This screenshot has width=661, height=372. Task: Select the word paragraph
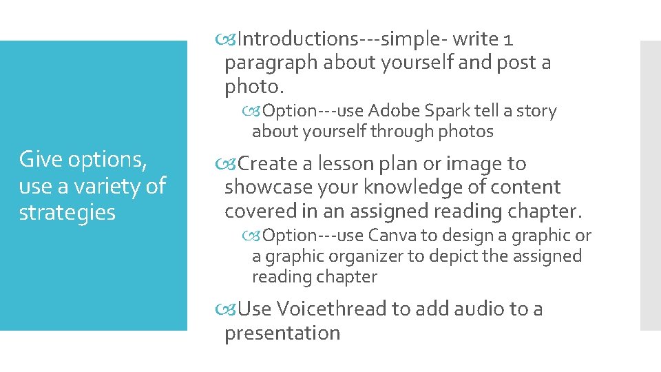point(271,63)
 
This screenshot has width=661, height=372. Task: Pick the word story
point(537,111)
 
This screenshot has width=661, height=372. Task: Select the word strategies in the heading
point(67,212)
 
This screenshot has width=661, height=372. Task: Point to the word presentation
point(282,333)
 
